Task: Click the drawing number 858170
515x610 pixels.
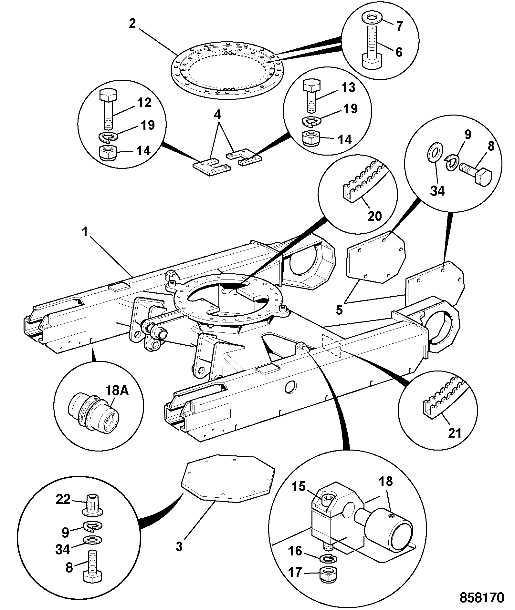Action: pos(482,597)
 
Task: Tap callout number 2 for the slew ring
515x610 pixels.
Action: pos(132,24)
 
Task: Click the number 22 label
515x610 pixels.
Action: pos(63,499)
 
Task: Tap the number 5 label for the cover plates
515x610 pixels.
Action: pos(339,310)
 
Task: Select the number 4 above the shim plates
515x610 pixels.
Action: pos(218,115)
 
